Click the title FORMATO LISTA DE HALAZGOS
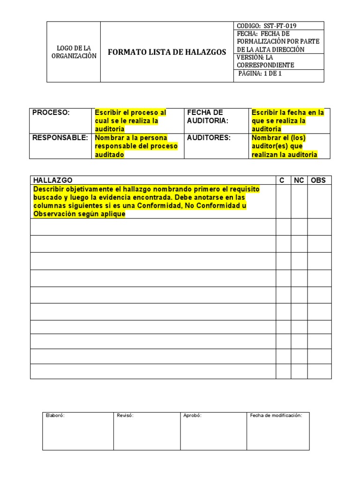pos(167,52)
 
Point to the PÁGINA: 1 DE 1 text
pos(260,74)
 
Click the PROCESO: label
pos(51,112)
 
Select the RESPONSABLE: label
pos(60,138)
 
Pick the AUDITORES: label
pos(209,138)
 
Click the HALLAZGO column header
pos(52,180)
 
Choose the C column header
pos(282,180)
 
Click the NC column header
pos(299,180)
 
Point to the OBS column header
pos(318,180)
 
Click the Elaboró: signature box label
pos(55,415)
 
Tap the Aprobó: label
pos(192,415)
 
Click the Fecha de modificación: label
pos(276,415)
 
